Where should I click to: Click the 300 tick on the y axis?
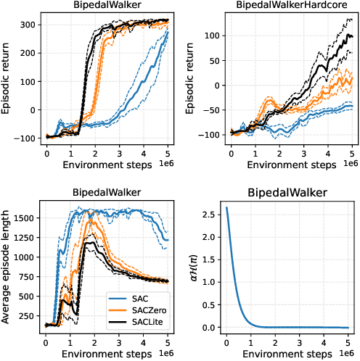(28, 24)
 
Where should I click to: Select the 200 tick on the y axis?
(28, 51)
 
